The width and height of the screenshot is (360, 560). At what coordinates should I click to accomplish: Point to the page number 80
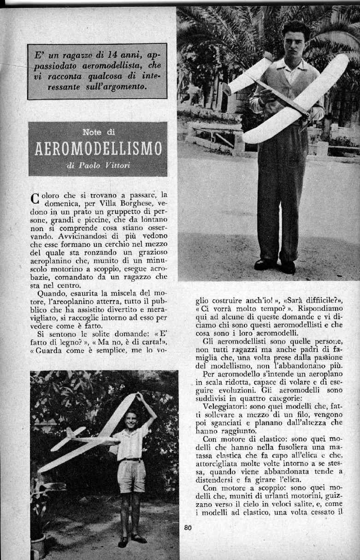188,529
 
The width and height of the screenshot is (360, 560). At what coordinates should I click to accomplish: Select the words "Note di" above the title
98,132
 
